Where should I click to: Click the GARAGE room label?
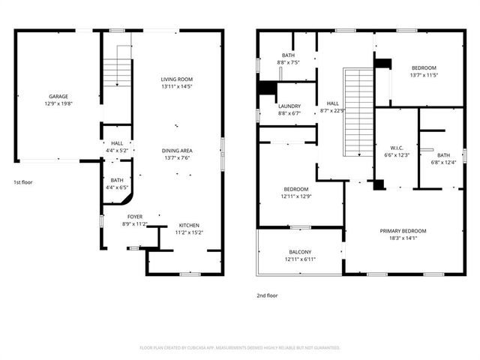(58, 96)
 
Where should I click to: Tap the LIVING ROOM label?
(177, 79)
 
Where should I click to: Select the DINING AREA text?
(177, 151)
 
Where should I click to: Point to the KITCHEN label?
(189, 225)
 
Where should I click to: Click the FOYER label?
(134, 217)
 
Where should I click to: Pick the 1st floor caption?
(22, 182)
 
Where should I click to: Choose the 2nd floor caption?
(267, 295)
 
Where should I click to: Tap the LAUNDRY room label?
(289, 106)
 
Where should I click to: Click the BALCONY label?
(300, 252)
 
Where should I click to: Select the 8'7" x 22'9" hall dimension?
(332, 111)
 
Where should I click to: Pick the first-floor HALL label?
(117, 143)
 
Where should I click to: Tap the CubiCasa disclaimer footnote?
(240, 348)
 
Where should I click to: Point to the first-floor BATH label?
(117, 180)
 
